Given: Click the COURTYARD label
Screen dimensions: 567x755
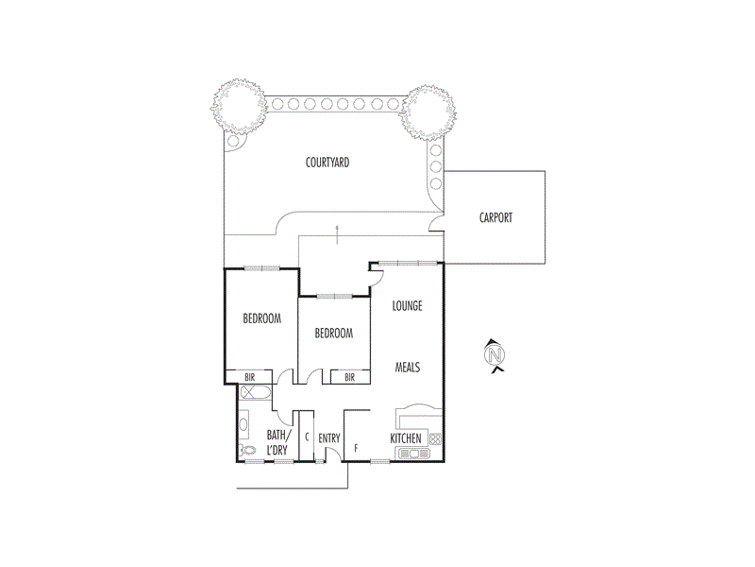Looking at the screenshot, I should click(327, 163).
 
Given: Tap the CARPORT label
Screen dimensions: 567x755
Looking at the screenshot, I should click(495, 217).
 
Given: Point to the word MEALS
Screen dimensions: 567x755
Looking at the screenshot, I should click(407, 367).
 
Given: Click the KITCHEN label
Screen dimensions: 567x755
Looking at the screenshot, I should click(406, 438).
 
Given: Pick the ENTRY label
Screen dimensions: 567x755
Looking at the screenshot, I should click(328, 438).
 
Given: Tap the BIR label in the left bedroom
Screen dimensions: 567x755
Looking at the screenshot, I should click(250, 377).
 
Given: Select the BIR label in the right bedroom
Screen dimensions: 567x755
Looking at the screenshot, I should click(349, 377).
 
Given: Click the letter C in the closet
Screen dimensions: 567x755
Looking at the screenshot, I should click(308, 438).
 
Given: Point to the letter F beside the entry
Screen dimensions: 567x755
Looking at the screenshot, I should click(356, 447).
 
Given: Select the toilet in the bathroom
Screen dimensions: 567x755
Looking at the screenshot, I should click(248, 450).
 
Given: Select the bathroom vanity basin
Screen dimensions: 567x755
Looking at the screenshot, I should click(243, 421).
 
